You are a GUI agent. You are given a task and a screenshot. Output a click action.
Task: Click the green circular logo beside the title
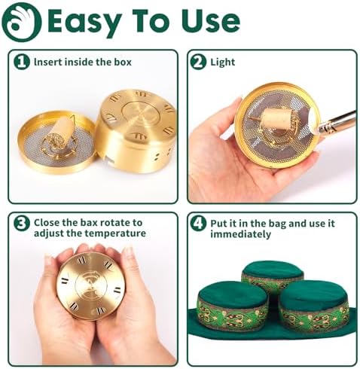click(21, 22)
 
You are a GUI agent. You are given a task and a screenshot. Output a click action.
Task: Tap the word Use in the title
click(211, 21)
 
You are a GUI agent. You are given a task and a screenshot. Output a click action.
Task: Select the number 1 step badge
click(22, 62)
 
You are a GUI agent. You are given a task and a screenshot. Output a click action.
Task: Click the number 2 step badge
click(198, 62)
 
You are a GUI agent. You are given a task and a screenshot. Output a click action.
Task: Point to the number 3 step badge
click(22, 224)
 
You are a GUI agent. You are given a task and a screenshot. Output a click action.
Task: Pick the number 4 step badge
click(198, 224)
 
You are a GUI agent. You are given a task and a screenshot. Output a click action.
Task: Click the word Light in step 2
click(222, 62)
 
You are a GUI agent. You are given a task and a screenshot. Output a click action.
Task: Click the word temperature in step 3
click(115, 233)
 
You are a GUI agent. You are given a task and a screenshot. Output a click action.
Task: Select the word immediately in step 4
click(240, 234)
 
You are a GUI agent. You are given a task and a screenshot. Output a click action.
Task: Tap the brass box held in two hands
click(90, 285)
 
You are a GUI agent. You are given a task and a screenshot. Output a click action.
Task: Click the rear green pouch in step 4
click(273, 276)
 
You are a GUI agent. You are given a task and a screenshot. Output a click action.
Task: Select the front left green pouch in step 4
click(233, 305)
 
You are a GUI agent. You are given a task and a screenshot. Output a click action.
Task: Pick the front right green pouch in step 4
click(314, 305)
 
